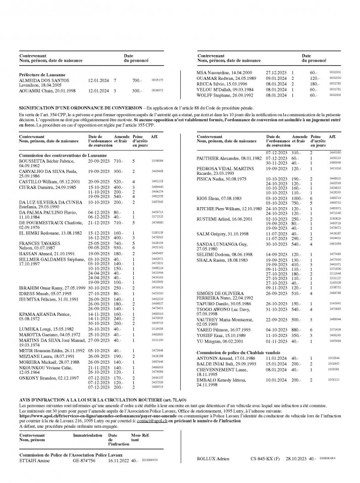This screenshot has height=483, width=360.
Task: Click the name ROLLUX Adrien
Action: (x=213, y=459)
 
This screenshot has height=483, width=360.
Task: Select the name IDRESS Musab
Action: (x=33, y=293)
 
